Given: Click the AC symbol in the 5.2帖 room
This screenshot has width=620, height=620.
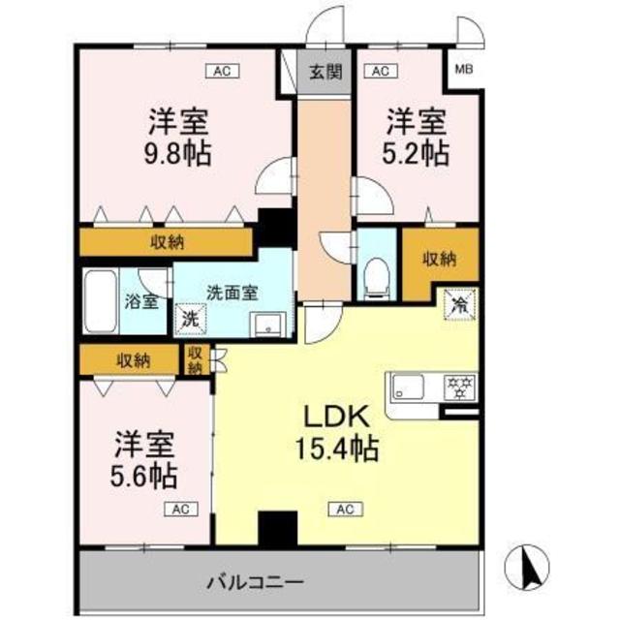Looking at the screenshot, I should pos(379,71).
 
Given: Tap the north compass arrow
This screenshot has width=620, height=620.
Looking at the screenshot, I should pos(529,568).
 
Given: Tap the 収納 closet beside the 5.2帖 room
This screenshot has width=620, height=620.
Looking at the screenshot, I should pos(440,259).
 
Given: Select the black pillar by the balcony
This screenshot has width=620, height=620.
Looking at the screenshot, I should pos(275,530).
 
